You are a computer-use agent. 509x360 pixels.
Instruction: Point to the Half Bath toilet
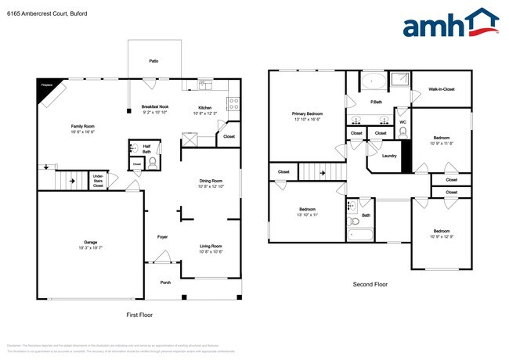(153, 163)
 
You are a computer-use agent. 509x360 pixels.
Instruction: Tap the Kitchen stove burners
(233, 103)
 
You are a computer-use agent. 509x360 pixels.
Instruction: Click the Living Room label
(211, 248)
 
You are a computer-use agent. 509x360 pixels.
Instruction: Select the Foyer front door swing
(162, 256)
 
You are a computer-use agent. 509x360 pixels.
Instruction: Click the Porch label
(165, 283)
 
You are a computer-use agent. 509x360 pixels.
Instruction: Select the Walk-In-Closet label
(442, 89)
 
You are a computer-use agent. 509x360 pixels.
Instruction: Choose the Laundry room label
(389, 155)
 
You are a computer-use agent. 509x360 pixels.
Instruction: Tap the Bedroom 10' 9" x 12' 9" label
(442, 233)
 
